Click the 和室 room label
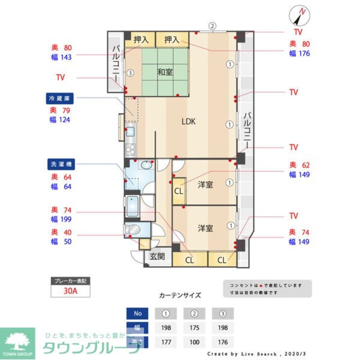coord(165,72)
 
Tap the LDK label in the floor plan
coord(188,122)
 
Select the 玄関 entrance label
coord(157,257)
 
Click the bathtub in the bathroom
coord(133,207)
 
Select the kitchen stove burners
coord(130,148)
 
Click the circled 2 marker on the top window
coord(213,26)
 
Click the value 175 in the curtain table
coord(194,328)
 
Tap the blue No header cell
coord(138,314)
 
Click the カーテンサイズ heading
coord(180,295)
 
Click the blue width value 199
coord(66,219)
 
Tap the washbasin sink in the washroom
coord(146,165)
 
